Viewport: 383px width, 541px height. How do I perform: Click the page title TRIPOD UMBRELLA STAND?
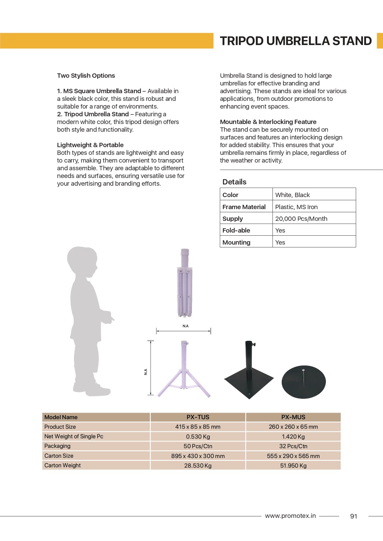point(295,41)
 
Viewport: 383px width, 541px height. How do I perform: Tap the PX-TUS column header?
point(198,417)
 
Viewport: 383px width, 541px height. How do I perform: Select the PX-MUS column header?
point(293,417)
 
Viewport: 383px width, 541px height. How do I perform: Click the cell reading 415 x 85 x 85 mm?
point(198,427)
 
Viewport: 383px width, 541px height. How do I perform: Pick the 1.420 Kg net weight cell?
point(293,436)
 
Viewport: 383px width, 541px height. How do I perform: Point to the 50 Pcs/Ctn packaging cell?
point(198,446)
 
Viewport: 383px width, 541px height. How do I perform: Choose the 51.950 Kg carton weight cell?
point(293,465)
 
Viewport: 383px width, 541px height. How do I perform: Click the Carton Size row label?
point(59,456)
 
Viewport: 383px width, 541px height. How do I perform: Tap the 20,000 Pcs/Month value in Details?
point(301,219)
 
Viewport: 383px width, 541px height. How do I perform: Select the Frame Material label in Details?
point(244,207)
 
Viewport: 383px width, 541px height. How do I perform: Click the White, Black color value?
point(292,195)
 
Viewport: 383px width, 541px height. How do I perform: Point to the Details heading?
point(234,182)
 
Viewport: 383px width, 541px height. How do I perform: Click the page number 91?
point(354,516)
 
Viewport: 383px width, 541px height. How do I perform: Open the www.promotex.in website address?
point(290,516)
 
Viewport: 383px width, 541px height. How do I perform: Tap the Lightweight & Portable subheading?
point(90,145)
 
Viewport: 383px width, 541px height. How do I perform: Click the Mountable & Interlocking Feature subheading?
point(268,122)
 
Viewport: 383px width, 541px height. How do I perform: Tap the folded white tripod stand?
point(185,284)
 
